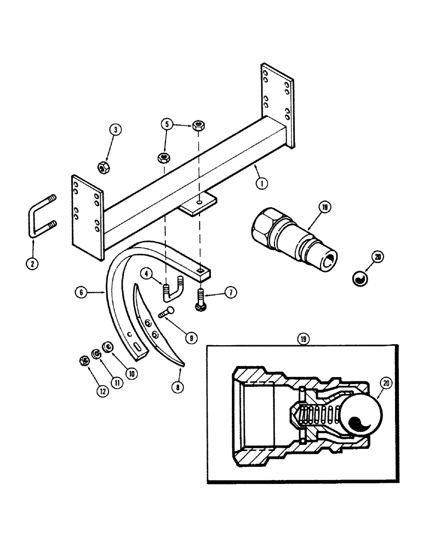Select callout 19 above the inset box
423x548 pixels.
click(x=303, y=340)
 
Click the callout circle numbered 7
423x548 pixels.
click(x=230, y=293)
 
